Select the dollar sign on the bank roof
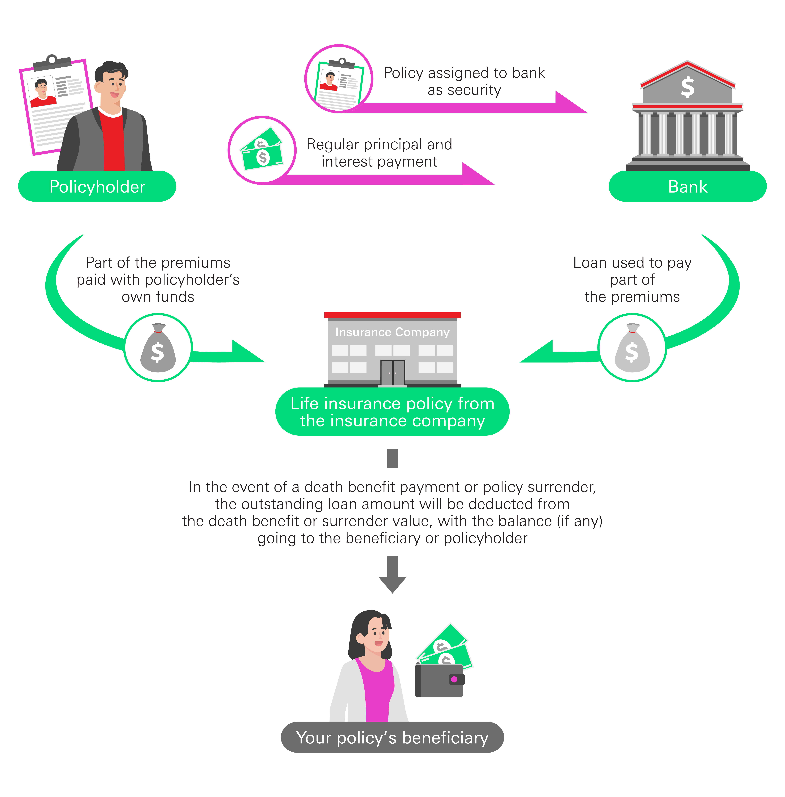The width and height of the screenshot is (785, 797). point(687,87)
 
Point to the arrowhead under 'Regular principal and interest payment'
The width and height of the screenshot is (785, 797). point(478,174)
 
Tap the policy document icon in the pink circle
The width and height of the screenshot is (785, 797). point(339,82)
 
